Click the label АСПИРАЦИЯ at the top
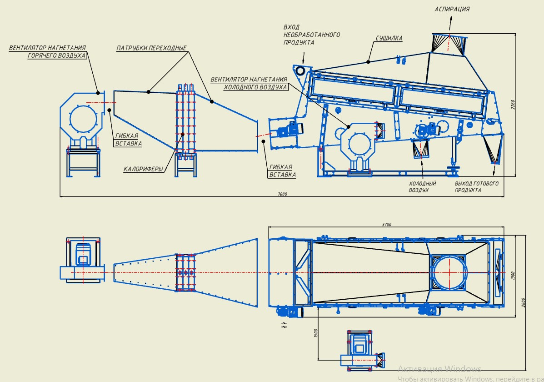click(x=452, y=9)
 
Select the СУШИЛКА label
click(x=389, y=38)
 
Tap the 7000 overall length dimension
click(x=282, y=194)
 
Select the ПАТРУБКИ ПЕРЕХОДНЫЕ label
click(x=151, y=48)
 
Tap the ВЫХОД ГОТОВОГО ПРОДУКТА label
click(x=476, y=187)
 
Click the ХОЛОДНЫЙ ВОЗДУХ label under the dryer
click(x=423, y=187)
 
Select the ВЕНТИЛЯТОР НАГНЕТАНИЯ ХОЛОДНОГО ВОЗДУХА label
click(x=250, y=83)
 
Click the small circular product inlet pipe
click(x=300, y=70)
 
